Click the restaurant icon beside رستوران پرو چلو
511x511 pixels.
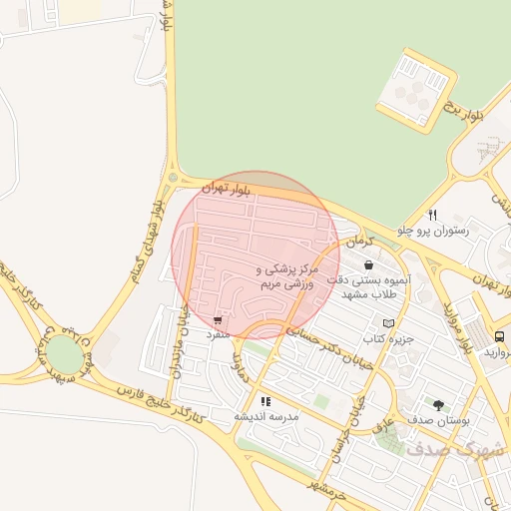click(432, 215)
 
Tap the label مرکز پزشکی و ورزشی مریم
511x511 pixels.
click(286, 277)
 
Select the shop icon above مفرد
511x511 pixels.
click(218, 320)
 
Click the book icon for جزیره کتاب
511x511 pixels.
click(388, 323)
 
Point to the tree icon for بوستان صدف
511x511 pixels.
click(438, 404)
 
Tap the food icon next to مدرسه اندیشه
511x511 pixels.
click(265, 401)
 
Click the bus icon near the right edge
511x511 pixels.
click(499, 335)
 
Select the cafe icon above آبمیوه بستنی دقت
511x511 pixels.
click(370, 265)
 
